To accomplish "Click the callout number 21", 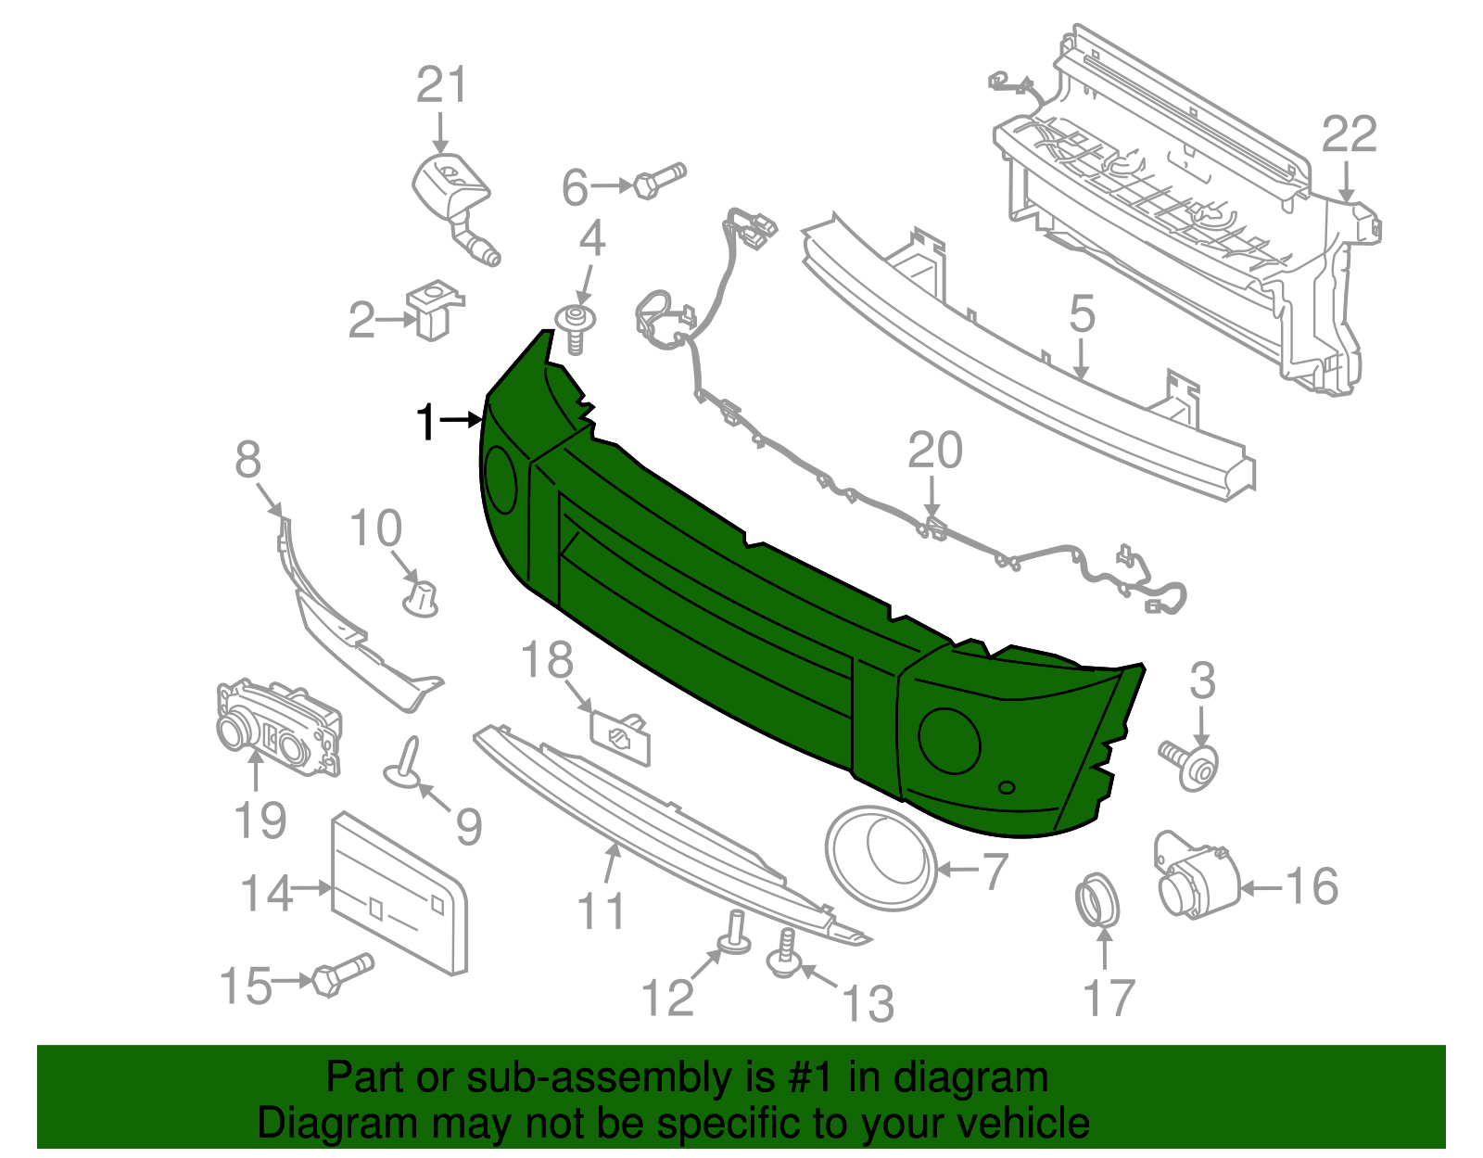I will (441, 86).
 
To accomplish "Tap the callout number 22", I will (1349, 135).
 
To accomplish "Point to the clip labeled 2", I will (434, 311).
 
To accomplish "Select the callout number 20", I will (935, 452).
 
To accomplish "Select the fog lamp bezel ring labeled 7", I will (881, 858).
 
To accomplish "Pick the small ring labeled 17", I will (1098, 899).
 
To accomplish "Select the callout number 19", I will (260, 821).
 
